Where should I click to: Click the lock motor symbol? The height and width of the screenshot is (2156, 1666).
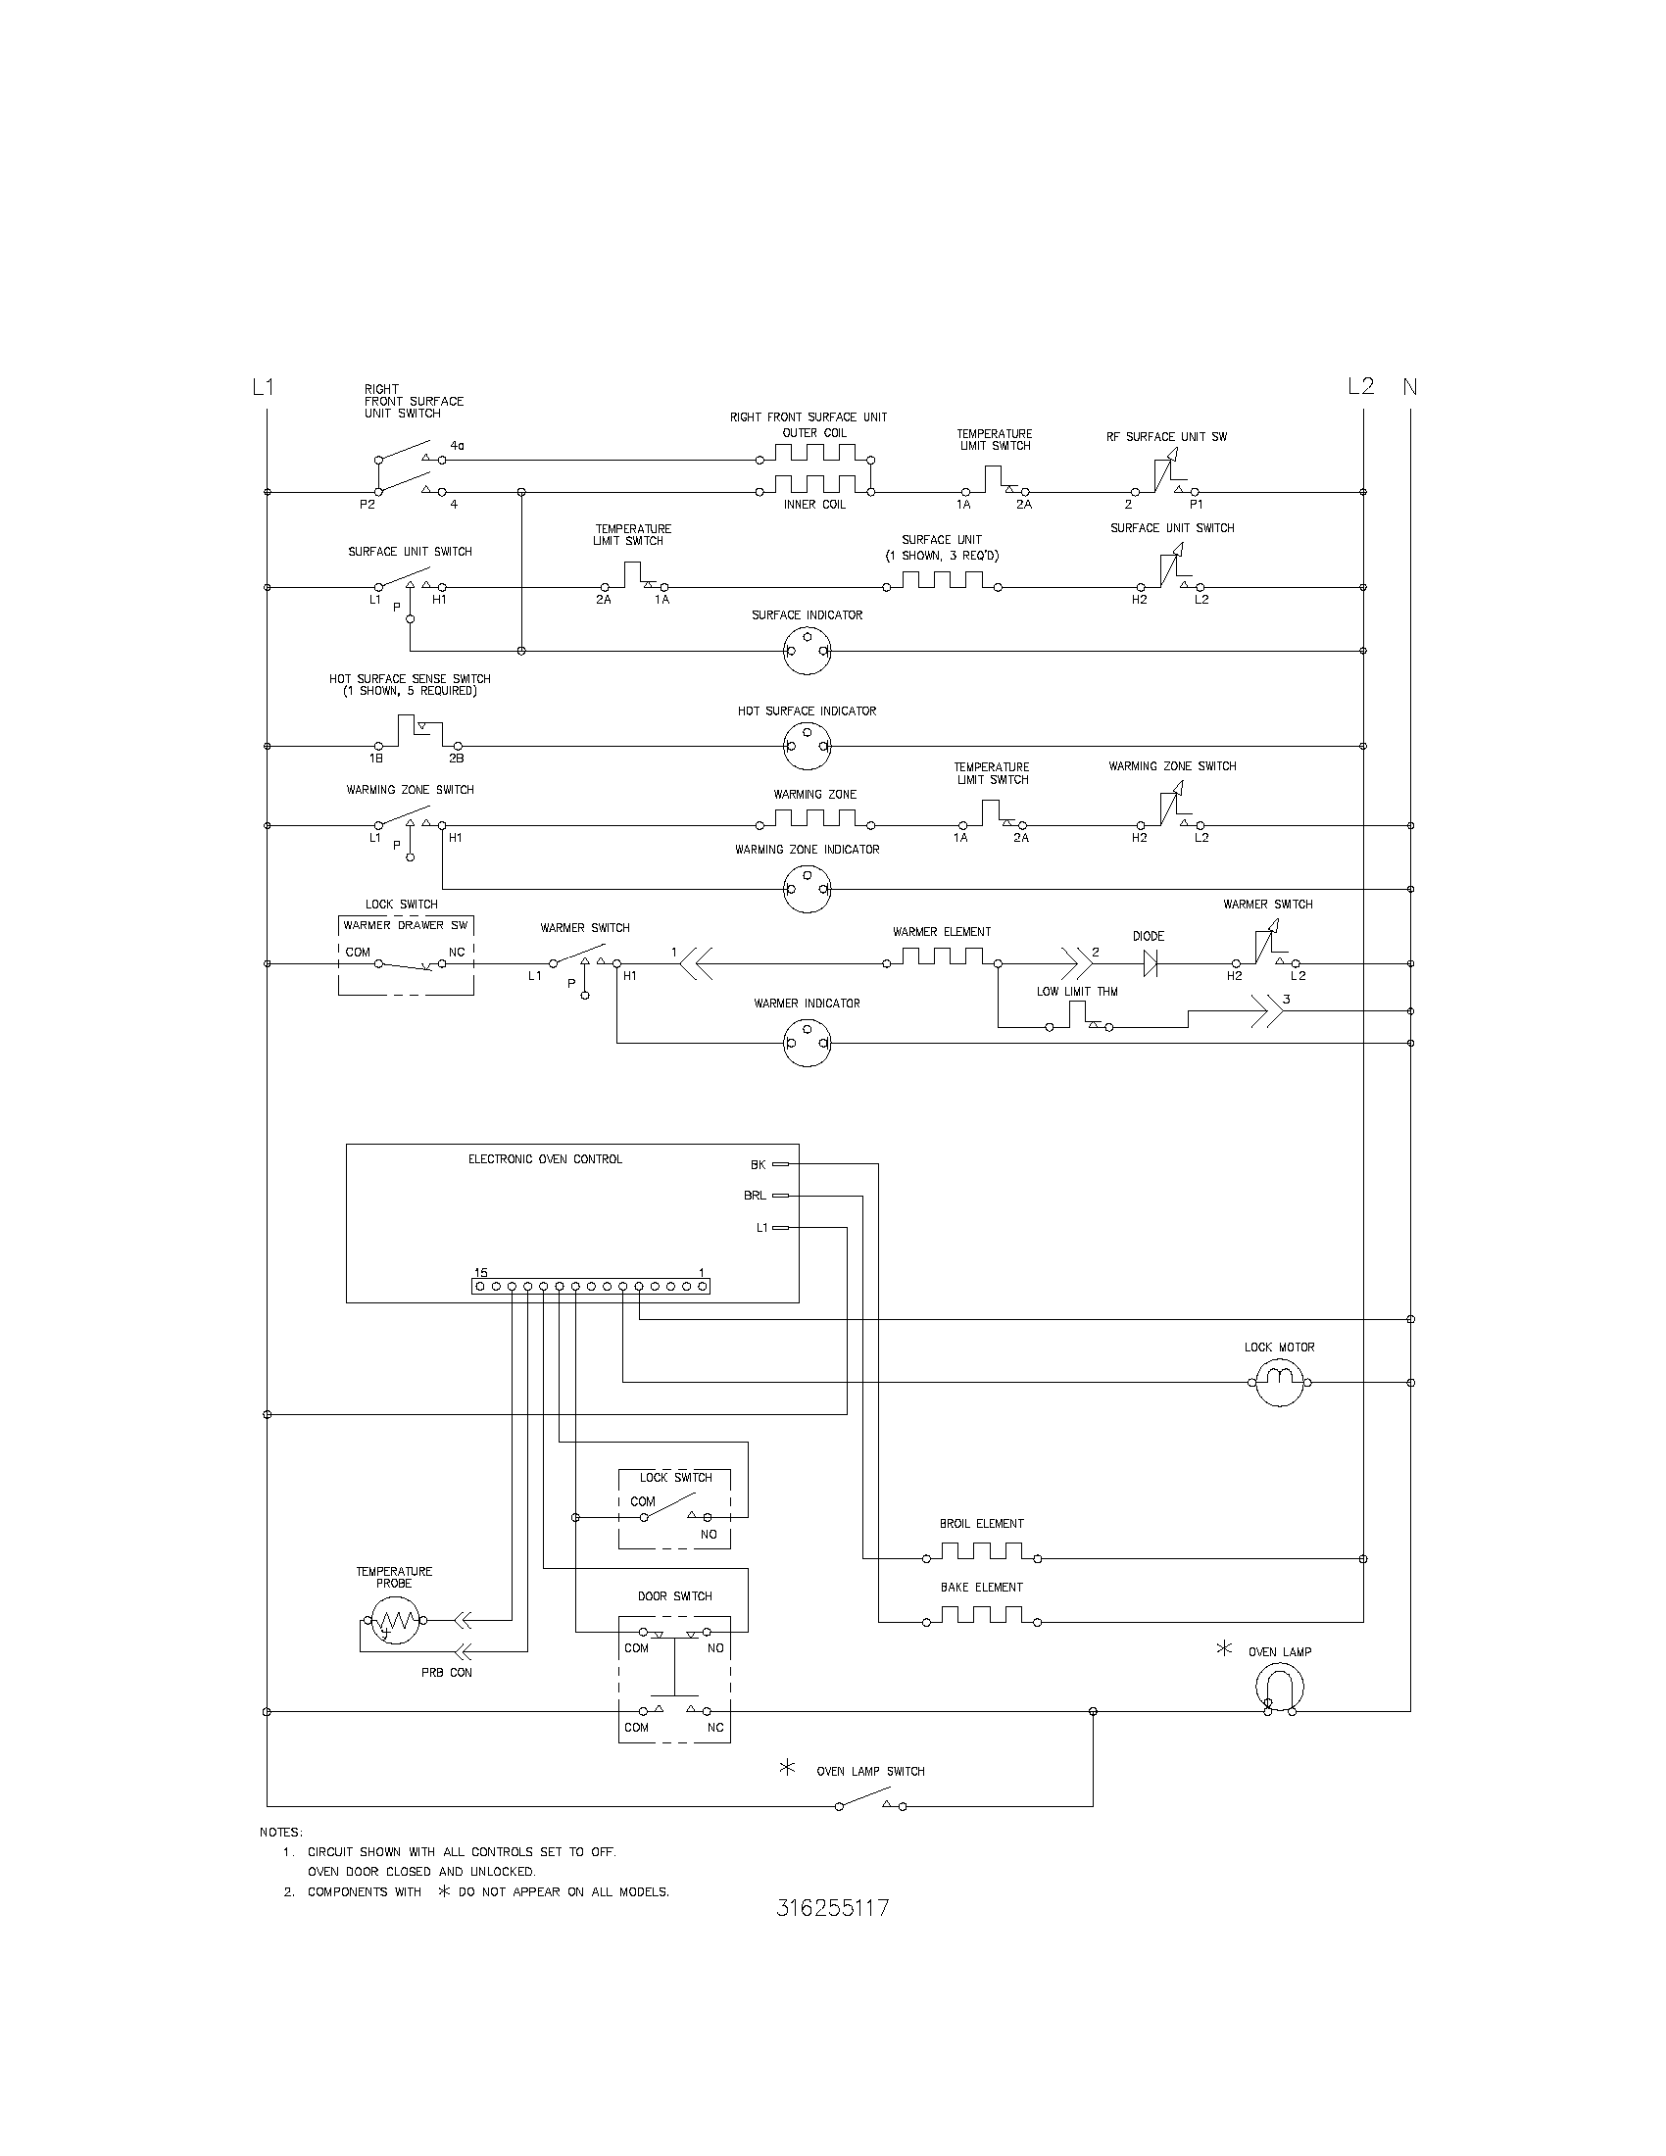click(1280, 1382)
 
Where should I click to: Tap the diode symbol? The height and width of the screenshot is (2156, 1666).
click(1150, 963)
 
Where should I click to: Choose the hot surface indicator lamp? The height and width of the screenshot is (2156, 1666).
click(808, 747)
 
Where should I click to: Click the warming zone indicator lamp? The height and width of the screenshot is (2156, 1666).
click(808, 890)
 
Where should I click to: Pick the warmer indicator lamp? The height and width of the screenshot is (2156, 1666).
click(808, 1043)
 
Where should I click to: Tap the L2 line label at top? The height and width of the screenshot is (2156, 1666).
click(1361, 387)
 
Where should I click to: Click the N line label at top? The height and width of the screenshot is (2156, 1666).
click(1409, 387)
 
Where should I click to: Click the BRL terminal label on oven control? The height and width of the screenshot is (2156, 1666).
click(754, 1196)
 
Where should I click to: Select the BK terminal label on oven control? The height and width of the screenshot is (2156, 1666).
click(758, 1165)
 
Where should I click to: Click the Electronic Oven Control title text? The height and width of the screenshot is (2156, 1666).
click(545, 1159)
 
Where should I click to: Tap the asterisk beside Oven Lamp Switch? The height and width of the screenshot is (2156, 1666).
click(788, 1768)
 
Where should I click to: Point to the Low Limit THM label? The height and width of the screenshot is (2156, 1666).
click(1077, 991)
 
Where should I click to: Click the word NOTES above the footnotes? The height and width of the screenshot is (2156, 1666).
click(281, 1833)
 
